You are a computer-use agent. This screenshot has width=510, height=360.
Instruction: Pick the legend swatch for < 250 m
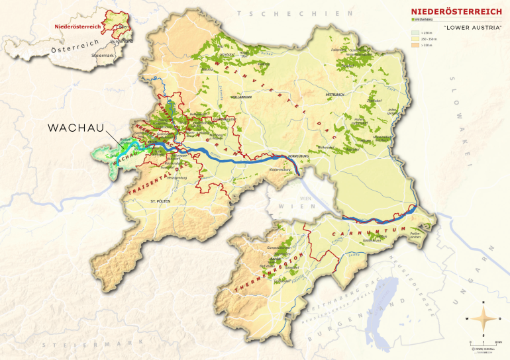[x=415, y=31]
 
